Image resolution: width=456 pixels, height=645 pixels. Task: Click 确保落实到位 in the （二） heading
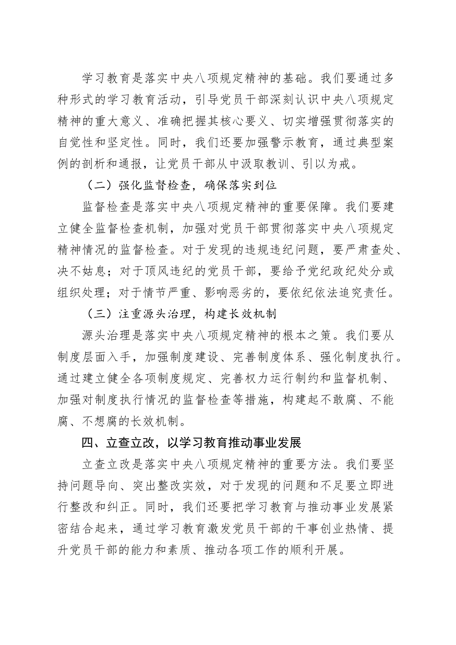coord(236,185)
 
